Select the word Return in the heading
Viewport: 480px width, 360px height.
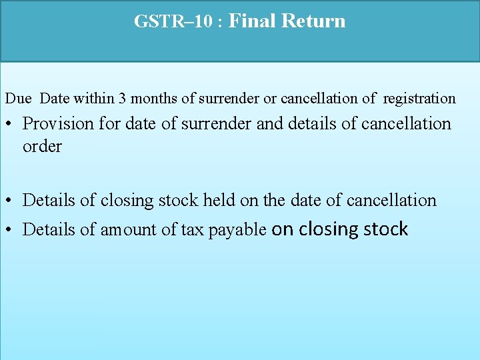[x=313, y=21]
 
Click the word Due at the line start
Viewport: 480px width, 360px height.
[x=18, y=99]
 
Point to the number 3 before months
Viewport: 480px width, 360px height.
[x=122, y=99]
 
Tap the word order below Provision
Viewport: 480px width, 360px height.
[x=42, y=147]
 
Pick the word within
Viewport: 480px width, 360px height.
[x=93, y=99]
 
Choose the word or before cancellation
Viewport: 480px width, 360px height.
[x=270, y=99]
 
